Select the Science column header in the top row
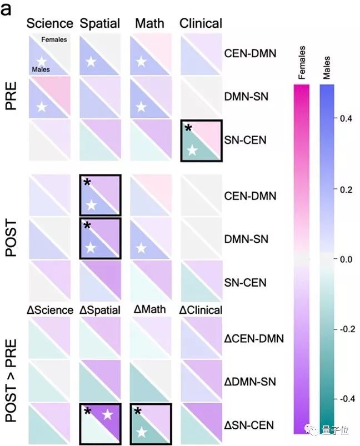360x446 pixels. (x=50, y=23)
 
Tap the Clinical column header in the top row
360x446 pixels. (x=201, y=23)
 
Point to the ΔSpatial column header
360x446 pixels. (x=100, y=310)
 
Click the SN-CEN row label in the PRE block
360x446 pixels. (x=246, y=140)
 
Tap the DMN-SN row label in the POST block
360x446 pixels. (x=246, y=239)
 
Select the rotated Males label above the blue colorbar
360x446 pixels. (x=327, y=71)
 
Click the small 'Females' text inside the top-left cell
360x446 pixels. (x=54, y=39)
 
